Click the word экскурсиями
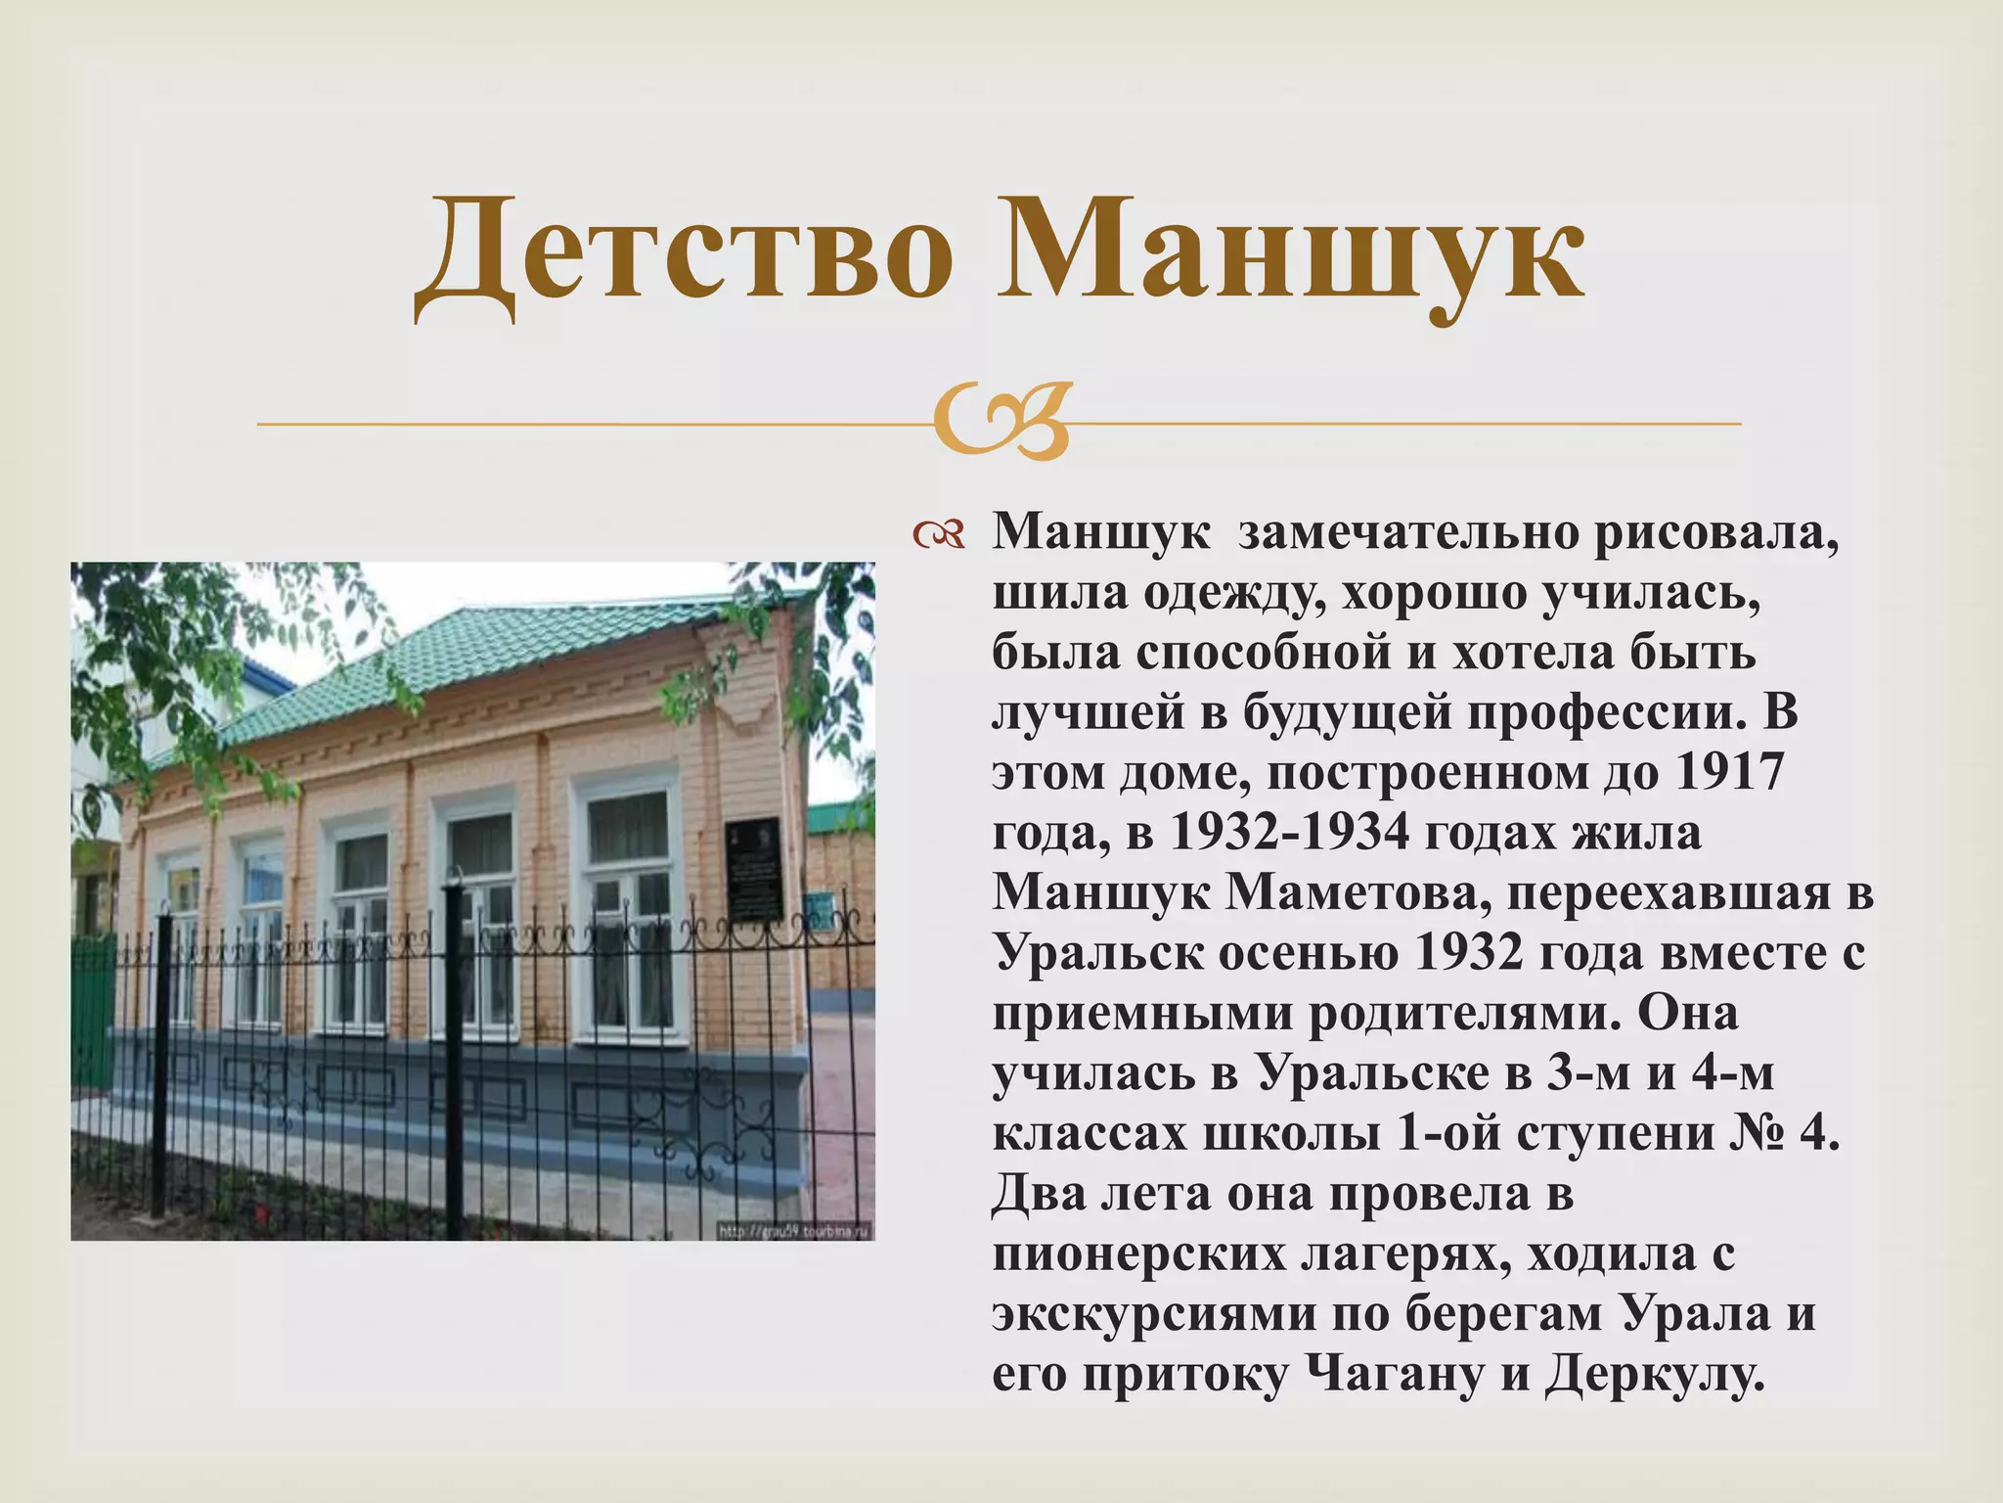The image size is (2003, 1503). click(x=1153, y=1313)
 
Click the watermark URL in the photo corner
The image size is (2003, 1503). click(x=794, y=1230)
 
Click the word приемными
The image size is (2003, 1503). click(x=1143, y=1013)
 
